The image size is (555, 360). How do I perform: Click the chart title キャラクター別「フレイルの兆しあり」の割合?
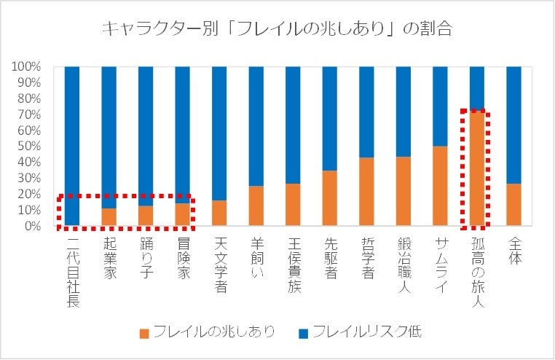click(x=277, y=29)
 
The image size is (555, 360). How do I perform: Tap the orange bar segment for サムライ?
click(x=440, y=187)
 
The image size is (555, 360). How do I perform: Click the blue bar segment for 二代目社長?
click(x=72, y=146)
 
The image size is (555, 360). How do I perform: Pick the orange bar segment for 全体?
click(x=514, y=205)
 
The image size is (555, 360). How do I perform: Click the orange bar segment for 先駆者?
click(x=330, y=198)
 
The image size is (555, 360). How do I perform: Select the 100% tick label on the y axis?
click(x=26, y=67)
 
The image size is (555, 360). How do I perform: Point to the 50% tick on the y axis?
click(x=29, y=146)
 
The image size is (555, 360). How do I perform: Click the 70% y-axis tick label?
click(x=29, y=114)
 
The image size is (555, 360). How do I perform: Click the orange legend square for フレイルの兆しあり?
click(x=143, y=332)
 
